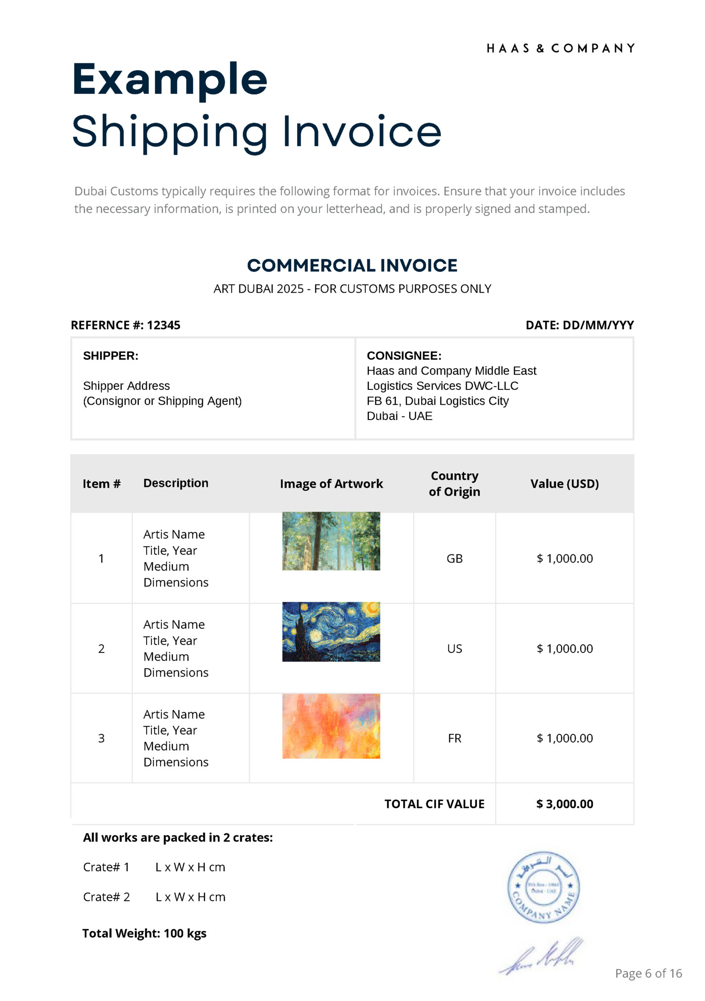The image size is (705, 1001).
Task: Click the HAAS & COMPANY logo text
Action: pyautogui.click(x=560, y=48)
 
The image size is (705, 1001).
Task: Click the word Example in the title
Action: pyautogui.click(x=169, y=79)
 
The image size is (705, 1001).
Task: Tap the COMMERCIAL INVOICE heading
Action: pyautogui.click(x=352, y=266)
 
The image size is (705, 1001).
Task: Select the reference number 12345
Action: pyautogui.click(x=163, y=325)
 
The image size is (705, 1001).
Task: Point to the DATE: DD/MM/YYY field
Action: pyautogui.click(x=579, y=325)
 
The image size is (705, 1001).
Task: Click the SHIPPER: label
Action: pyautogui.click(x=111, y=356)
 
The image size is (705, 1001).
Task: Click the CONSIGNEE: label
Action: pyautogui.click(x=404, y=356)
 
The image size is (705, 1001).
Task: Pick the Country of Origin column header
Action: pyautogui.click(x=454, y=484)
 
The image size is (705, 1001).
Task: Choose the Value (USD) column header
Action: pyautogui.click(x=564, y=484)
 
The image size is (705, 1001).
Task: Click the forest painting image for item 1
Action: pyautogui.click(x=331, y=541)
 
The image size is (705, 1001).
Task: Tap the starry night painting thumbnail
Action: pyautogui.click(x=331, y=631)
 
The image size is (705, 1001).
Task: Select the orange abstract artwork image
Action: pyautogui.click(x=331, y=726)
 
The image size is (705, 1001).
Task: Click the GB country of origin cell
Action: pyautogui.click(x=454, y=559)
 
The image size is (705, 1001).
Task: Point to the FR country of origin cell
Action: pyautogui.click(x=454, y=738)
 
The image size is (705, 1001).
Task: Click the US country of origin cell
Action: pyautogui.click(x=454, y=649)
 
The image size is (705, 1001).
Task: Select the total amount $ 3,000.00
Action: pyautogui.click(x=564, y=804)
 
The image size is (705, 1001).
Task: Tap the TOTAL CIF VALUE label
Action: pyautogui.click(x=434, y=804)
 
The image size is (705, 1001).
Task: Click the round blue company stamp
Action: pyautogui.click(x=543, y=887)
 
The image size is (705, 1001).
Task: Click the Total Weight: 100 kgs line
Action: pyautogui.click(x=144, y=933)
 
